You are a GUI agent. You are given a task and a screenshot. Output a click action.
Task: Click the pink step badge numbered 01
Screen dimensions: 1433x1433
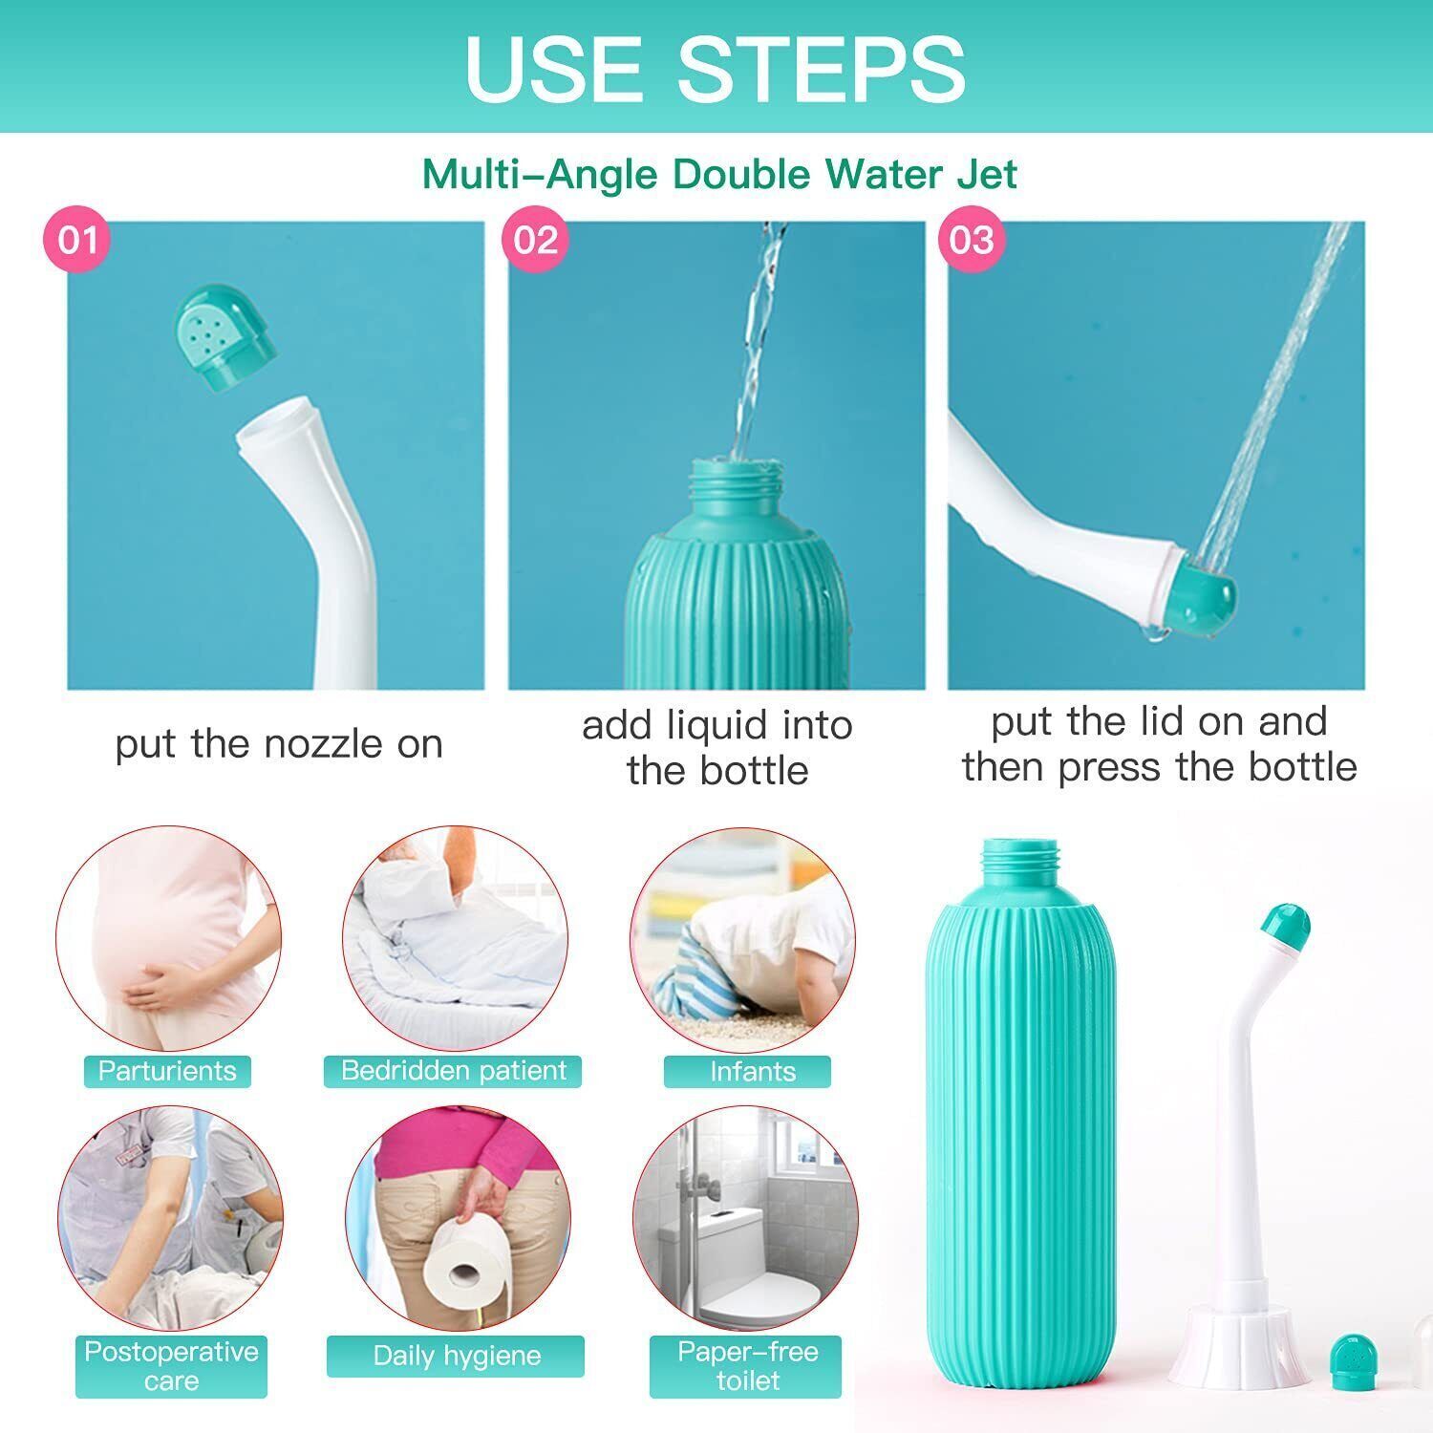tap(77, 239)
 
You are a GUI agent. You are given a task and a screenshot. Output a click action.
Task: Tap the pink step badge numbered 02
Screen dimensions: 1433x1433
tap(535, 239)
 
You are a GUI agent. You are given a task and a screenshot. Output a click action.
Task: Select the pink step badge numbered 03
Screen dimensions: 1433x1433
tap(971, 239)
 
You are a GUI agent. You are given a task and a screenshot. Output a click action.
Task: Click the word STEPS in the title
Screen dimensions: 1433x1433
tap(822, 69)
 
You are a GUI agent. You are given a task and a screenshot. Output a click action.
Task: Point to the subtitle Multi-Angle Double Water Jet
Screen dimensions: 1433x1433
tap(719, 174)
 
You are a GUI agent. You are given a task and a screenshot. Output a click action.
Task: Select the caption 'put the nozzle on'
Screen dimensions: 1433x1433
tap(279, 744)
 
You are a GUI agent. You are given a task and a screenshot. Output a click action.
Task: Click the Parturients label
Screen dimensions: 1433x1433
tap(167, 1071)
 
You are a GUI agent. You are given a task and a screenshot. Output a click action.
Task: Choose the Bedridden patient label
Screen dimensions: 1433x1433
tap(453, 1071)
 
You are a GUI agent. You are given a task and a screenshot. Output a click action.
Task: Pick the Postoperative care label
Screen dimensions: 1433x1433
tap(171, 1366)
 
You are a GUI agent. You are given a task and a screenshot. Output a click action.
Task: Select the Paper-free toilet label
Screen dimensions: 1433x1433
tap(747, 1366)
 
